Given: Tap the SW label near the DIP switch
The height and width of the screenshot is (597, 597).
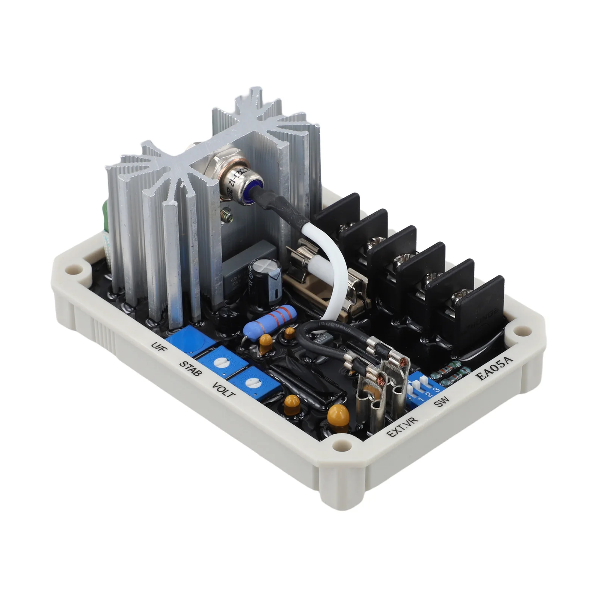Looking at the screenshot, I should coord(443,402).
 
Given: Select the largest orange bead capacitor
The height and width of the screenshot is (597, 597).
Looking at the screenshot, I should coord(337,414).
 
